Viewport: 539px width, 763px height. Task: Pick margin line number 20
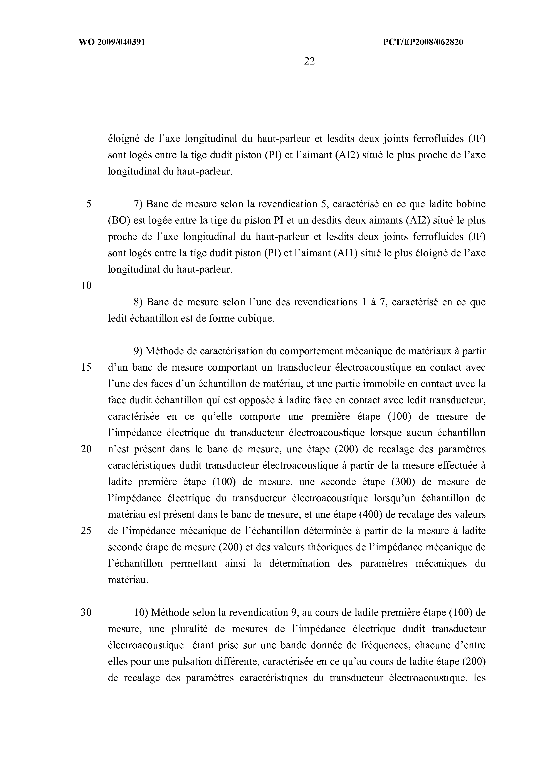86,449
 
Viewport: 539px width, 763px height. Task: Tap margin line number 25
86,531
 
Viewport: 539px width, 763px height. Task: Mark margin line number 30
86,612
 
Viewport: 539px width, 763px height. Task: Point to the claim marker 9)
138,351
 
